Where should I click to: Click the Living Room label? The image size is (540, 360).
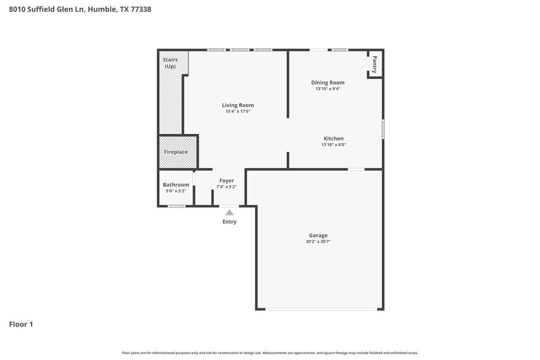click(x=238, y=105)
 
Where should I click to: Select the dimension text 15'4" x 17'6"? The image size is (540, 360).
click(x=238, y=112)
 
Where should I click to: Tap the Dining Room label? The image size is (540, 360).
click(x=328, y=83)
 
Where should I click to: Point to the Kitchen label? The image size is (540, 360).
click(x=333, y=139)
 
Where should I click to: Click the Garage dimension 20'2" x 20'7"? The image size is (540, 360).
click(x=318, y=242)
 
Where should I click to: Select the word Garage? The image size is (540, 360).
click(x=318, y=235)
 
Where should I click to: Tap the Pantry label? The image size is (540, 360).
click(x=374, y=65)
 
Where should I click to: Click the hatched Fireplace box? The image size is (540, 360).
click(x=177, y=152)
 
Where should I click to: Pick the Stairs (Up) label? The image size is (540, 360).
click(x=170, y=63)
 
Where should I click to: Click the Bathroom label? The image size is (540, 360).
click(x=176, y=185)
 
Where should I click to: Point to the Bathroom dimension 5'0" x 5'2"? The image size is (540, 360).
click(x=176, y=191)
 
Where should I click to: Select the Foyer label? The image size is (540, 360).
click(x=226, y=181)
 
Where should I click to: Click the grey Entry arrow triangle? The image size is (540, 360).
click(x=230, y=213)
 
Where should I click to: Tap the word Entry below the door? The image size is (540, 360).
click(x=230, y=222)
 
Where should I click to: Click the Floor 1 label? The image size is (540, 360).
click(x=21, y=324)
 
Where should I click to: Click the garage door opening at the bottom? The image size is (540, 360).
click(x=322, y=309)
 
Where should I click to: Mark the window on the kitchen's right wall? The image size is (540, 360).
click(x=383, y=130)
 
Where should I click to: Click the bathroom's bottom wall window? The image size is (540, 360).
click(x=176, y=206)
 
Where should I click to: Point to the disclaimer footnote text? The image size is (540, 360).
click(x=269, y=353)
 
